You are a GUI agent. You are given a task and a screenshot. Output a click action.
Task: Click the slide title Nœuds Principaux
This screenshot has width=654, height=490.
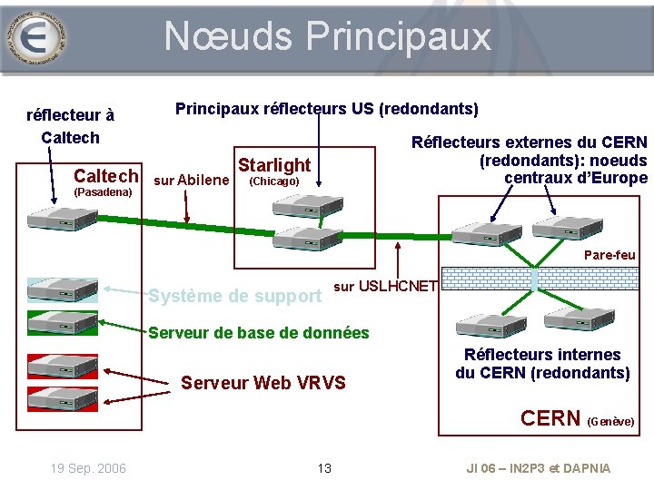327,37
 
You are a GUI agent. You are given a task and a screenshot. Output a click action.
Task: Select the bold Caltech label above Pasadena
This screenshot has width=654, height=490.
106,176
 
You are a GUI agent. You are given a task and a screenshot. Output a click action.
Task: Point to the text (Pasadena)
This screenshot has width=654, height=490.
103,193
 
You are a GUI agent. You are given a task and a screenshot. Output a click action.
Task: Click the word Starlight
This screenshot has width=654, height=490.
273,164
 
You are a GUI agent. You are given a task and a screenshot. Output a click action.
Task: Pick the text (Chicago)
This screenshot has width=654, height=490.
273,181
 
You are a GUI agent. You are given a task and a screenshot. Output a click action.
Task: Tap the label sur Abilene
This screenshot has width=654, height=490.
192,180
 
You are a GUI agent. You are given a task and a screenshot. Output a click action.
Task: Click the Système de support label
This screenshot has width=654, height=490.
234,296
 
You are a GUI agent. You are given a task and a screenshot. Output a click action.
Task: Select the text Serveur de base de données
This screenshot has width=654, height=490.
259,332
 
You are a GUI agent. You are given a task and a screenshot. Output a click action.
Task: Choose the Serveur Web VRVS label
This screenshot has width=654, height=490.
263,383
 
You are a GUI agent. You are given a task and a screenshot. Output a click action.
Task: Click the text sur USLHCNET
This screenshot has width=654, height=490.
387,287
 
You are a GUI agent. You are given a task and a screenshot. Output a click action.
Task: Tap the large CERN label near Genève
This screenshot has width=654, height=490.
550,418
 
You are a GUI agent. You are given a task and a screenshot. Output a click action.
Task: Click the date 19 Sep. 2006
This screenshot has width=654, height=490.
88,468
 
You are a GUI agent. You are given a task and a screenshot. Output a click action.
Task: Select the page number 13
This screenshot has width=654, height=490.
324,468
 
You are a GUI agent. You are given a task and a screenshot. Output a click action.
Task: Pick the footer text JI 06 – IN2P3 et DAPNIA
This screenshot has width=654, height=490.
539,468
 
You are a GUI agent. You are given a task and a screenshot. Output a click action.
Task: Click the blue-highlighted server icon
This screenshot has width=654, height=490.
63,289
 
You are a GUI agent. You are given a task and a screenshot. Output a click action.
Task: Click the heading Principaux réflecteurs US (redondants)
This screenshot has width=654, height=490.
327,109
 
